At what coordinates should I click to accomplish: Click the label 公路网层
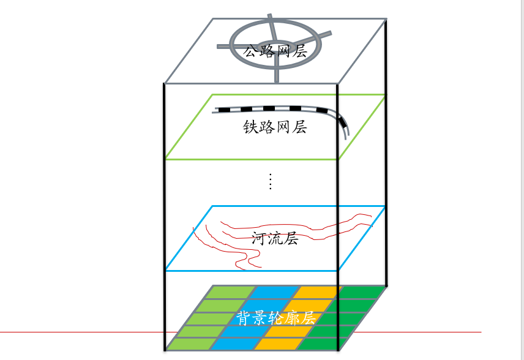pyautogui.click(x=275, y=50)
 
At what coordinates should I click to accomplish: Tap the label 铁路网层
pyautogui.click(x=275, y=127)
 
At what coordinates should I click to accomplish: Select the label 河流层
pyautogui.click(x=275, y=238)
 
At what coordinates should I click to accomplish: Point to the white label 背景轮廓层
pyautogui.click(x=275, y=318)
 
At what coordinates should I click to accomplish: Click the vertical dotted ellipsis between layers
pyautogui.click(x=270, y=182)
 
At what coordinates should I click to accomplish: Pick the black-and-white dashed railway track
pyautogui.click(x=269, y=109)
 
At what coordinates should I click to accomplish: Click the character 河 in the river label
pyautogui.click(x=259, y=238)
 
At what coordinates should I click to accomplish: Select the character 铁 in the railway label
pyautogui.click(x=250, y=127)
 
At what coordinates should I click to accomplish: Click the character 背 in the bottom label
pyautogui.click(x=244, y=318)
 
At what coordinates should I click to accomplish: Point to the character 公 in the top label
pyautogui.click(x=250, y=50)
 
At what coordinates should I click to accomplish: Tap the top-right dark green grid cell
pyautogui.click(x=363, y=292)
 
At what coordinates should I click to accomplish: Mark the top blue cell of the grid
pyautogui.click(x=274, y=292)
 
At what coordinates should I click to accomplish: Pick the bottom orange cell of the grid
pyautogui.click(x=275, y=344)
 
